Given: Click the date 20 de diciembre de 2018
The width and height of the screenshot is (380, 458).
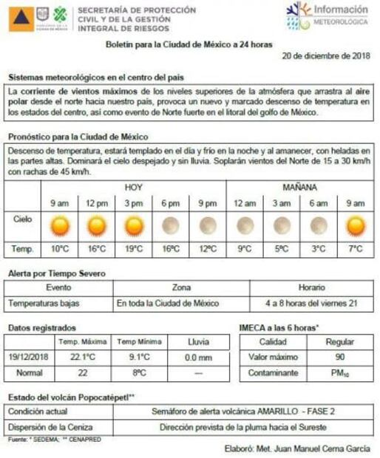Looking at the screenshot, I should coord(325,55).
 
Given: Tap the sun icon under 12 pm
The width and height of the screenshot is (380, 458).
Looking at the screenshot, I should coord(96,225).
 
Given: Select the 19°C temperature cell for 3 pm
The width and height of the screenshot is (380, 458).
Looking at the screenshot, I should coord(133,249).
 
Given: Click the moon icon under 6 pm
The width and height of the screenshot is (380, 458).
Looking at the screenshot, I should coord(170,225).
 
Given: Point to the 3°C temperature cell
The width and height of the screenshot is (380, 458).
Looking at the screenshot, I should coord(319,249).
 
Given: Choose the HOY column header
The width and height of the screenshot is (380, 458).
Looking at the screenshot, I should coord(134,187).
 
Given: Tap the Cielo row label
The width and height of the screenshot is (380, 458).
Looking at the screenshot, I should coord(23,219).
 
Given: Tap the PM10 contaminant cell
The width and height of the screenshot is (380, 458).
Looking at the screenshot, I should coord(339,373).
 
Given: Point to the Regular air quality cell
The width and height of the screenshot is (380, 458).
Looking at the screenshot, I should coord(339,342).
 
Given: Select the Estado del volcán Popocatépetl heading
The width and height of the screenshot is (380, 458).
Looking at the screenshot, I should coord(71,397).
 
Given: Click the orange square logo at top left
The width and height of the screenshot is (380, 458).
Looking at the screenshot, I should coord(21,18).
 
